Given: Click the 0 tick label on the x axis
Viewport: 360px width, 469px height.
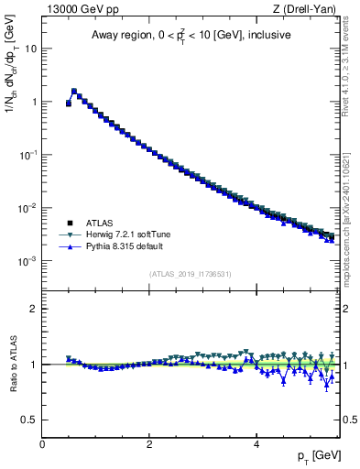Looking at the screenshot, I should coord(42,444).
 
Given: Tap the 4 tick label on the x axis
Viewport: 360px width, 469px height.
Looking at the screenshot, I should coord(256,444).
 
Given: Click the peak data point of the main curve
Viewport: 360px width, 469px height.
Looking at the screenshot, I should coord(74,91).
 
